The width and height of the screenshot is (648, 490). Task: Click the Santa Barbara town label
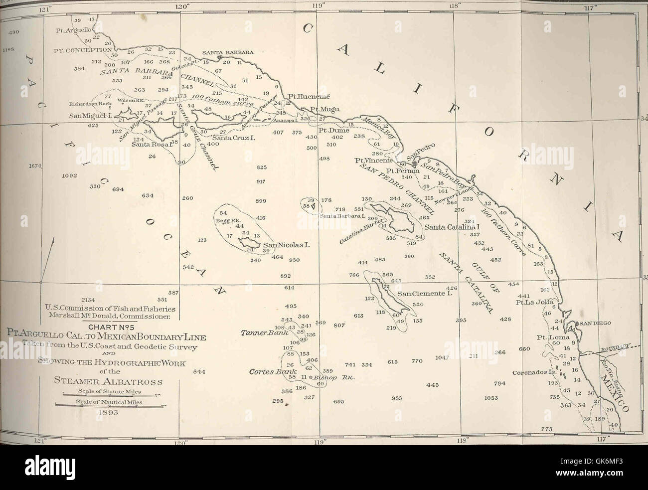click(x=228, y=52)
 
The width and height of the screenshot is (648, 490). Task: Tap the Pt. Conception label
click(x=83, y=50)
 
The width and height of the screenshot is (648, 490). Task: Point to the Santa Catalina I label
click(x=445, y=227)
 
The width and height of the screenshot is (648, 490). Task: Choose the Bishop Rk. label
click(x=339, y=377)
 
